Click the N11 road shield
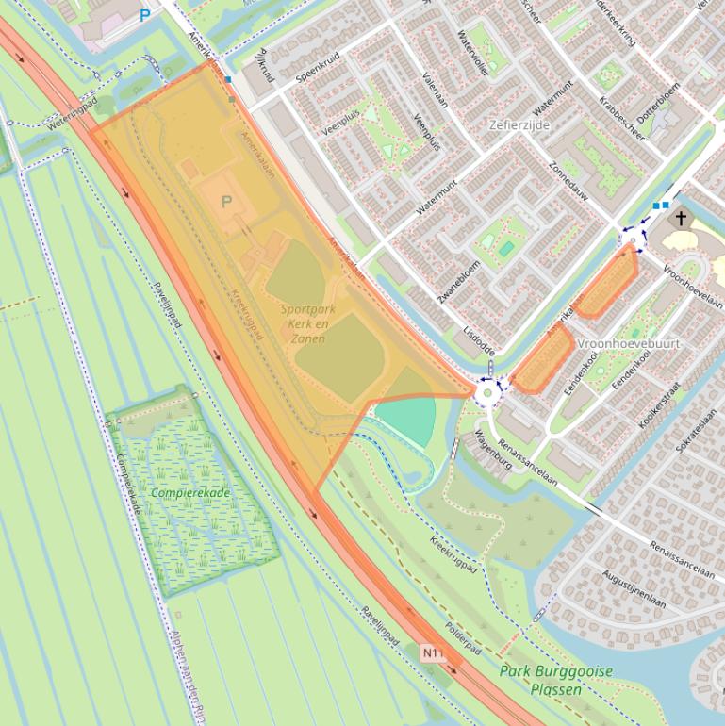click(x=433, y=652)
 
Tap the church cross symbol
click(x=681, y=219)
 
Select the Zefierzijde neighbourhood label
click(x=519, y=124)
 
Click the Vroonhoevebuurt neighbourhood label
click(x=628, y=344)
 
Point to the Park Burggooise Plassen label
click(x=556, y=680)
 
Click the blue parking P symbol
click(x=144, y=15)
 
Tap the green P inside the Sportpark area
click(x=226, y=202)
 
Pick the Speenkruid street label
click(x=316, y=69)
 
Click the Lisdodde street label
click(x=479, y=341)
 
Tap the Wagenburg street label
click(x=492, y=450)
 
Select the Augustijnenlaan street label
click(x=634, y=588)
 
